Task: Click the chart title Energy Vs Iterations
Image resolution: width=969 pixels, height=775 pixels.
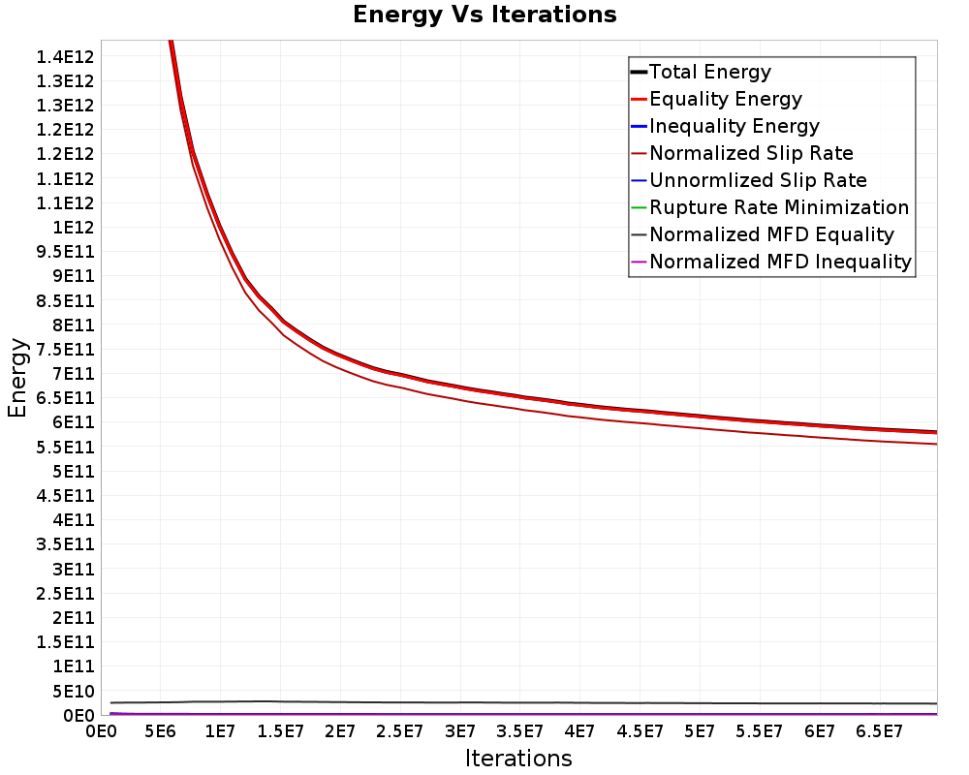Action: click(484, 15)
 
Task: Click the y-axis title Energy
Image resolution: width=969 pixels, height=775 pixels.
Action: click(17, 378)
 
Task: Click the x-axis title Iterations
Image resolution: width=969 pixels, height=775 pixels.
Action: click(518, 758)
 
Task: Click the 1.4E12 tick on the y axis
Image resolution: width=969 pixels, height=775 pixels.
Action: click(65, 57)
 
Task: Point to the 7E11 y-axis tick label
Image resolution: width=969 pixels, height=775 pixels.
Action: click(74, 374)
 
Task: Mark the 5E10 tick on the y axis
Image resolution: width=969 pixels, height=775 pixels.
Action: click(74, 691)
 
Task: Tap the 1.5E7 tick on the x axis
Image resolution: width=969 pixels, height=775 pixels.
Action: click(280, 731)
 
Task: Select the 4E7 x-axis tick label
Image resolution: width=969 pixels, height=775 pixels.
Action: click(579, 731)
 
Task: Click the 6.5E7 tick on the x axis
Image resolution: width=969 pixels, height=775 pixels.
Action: click(880, 731)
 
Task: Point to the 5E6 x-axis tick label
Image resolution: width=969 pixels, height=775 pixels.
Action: click(160, 731)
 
